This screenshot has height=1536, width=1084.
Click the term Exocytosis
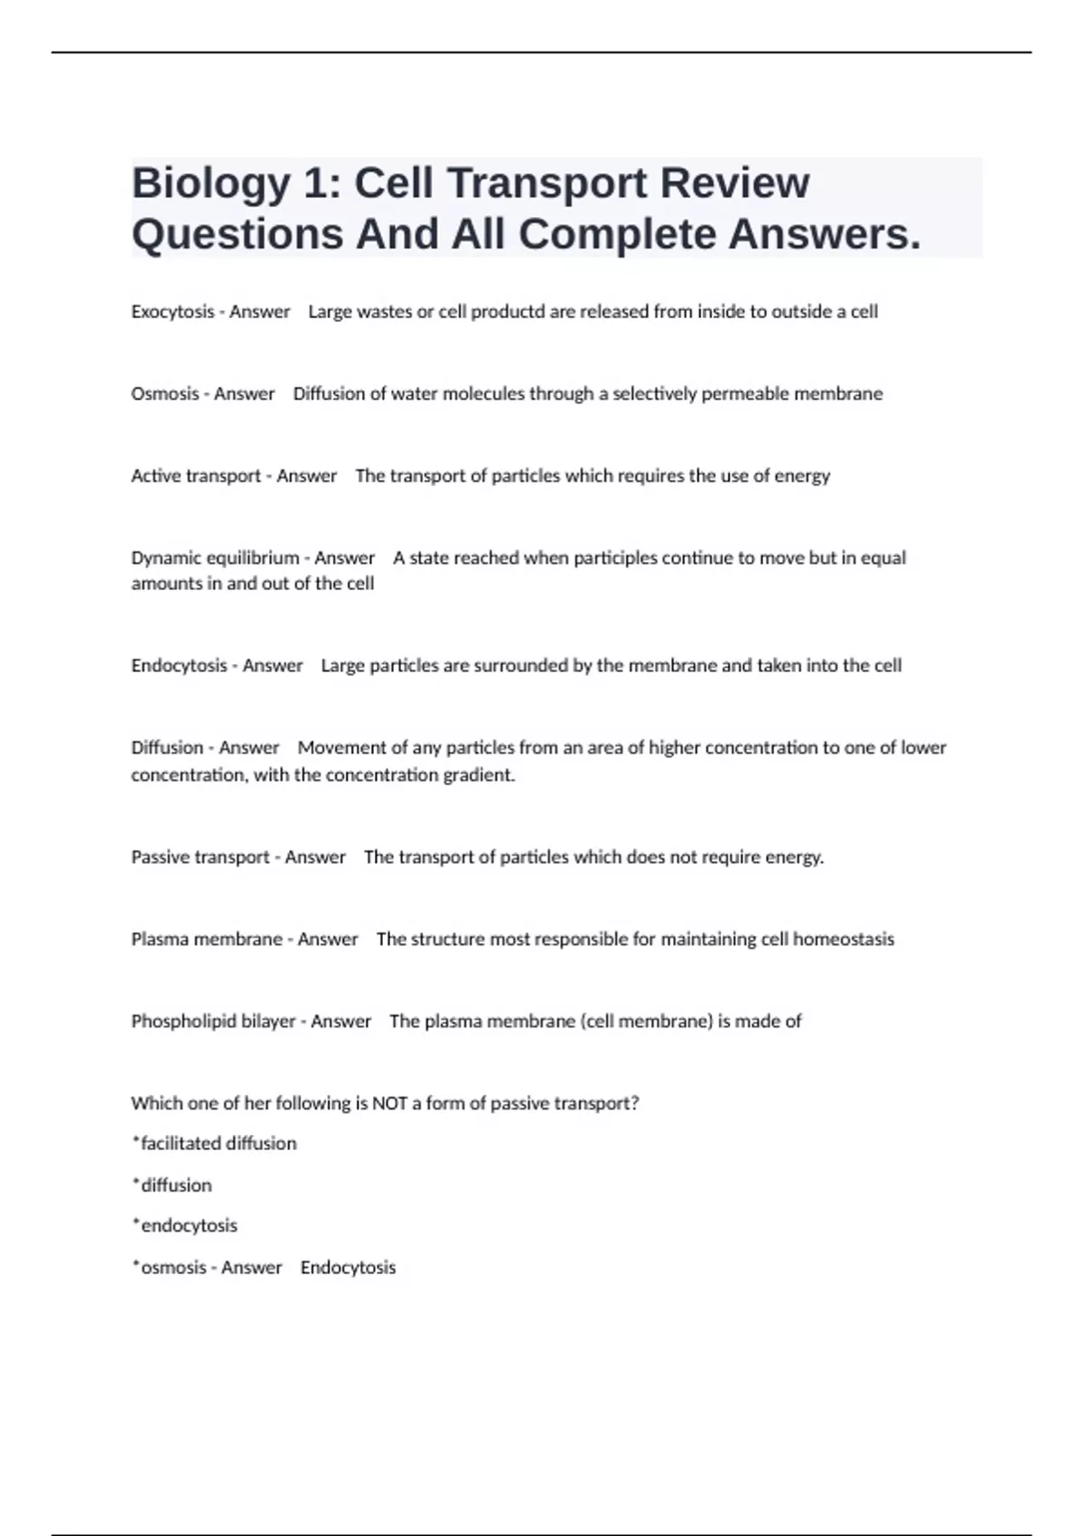[x=173, y=312]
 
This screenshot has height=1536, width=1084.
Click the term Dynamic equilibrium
[x=215, y=558]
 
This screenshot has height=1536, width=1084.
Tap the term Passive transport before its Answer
[x=200, y=857]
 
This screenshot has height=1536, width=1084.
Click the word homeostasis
[x=844, y=940]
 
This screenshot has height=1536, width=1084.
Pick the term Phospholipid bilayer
[x=213, y=1022]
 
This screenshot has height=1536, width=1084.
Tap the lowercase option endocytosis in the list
[x=189, y=1226]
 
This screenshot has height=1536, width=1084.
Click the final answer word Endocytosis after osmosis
[x=348, y=1268]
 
